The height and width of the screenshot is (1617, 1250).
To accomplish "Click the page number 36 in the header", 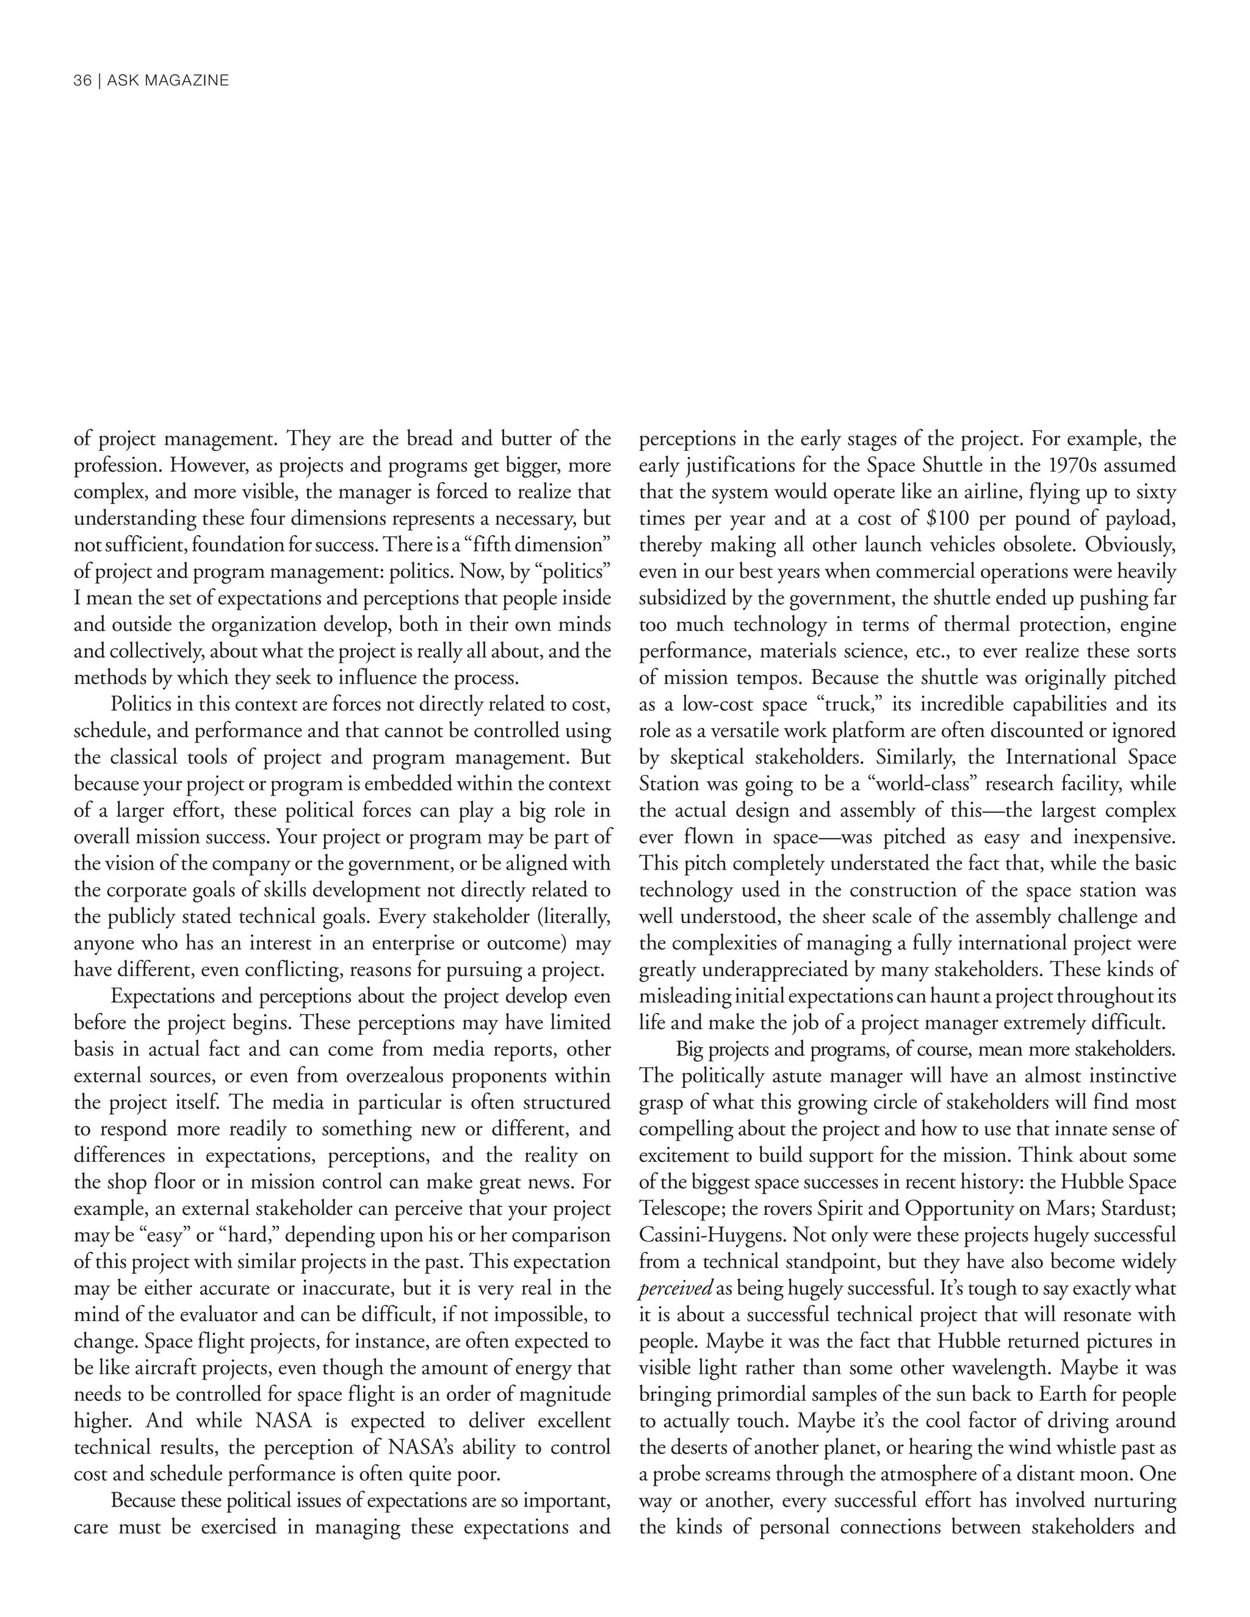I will [x=81, y=81].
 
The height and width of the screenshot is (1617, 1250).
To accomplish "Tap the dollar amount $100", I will [x=948, y=518].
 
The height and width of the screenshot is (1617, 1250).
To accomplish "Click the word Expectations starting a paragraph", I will [x=162, y=996].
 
